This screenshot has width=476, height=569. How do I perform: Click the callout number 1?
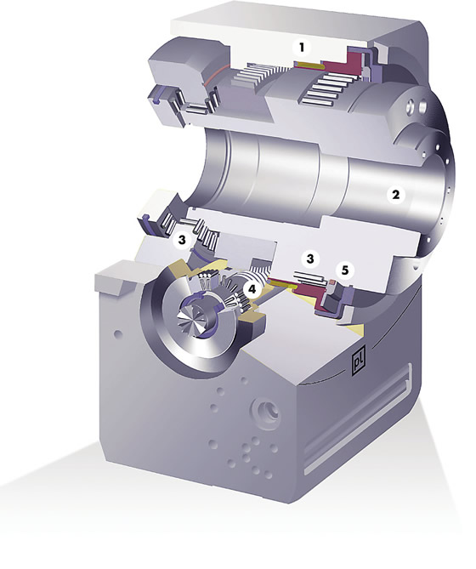point(301,47)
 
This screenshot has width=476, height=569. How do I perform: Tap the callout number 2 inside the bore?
point(395,195)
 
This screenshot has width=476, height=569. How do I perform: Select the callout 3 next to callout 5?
point(310,259)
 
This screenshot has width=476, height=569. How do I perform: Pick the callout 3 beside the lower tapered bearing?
point(182,240)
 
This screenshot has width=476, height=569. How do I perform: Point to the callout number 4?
point(252,289)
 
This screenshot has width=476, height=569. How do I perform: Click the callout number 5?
point(344,270)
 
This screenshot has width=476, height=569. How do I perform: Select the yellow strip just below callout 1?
point(309,65)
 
